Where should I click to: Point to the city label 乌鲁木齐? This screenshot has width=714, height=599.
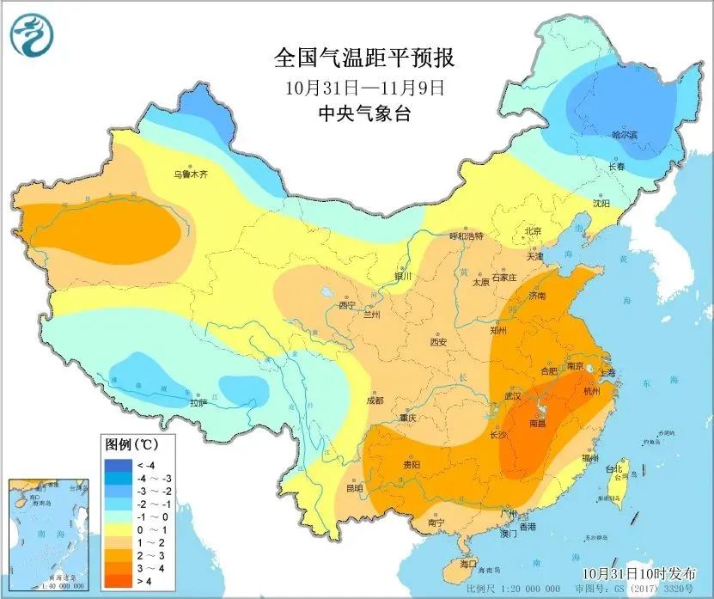(191, 174)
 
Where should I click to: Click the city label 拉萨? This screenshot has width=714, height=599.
(198, 401)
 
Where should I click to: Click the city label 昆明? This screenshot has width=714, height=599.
(354, 488)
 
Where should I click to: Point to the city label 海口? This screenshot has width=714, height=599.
(467, 564)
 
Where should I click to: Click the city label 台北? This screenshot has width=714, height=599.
(613, 469)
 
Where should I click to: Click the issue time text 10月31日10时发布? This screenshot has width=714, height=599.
(635, 573)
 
